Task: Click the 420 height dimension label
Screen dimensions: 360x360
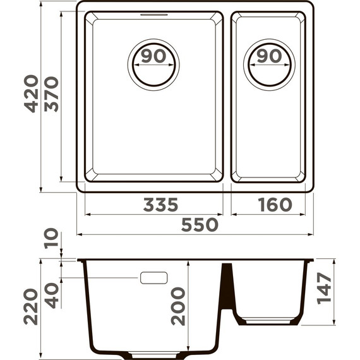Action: tap(31, 93)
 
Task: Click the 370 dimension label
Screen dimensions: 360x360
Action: tap(52, 93)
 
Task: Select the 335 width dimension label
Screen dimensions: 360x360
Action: tap(160, 205)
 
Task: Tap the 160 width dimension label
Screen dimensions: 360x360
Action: tap(275, 205)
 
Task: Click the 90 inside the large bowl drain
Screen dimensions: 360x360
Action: tap(153, 56)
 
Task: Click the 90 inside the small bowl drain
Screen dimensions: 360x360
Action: tap(270, 56)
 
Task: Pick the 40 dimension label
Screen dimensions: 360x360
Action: tap(52, 295)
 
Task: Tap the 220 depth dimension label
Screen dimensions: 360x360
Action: tap(31, 306)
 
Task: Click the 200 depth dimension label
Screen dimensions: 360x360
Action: tap(179, 306)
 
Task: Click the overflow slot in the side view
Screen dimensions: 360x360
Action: tap(153, 277)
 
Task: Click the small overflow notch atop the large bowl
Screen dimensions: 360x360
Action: tap(153, 13)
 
